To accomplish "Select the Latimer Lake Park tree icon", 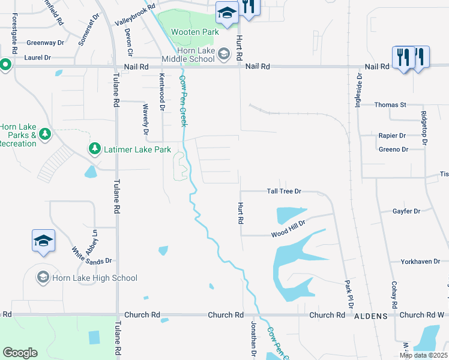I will (x=94, y=148).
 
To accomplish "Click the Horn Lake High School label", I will (x=95, y=278).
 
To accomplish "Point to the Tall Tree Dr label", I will (x=283, y=191).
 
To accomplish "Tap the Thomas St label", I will (x=390, y=105).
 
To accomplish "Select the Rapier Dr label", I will (x=392, y=136).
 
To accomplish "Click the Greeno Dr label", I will (x=393, y=149).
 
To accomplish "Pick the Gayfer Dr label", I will (x=406, y=211).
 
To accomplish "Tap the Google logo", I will (x=20, y=352).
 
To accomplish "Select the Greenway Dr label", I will (x=45, y=43).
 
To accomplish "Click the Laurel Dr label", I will (x=37, y=58).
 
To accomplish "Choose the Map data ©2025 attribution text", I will (x=424, y=355).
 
